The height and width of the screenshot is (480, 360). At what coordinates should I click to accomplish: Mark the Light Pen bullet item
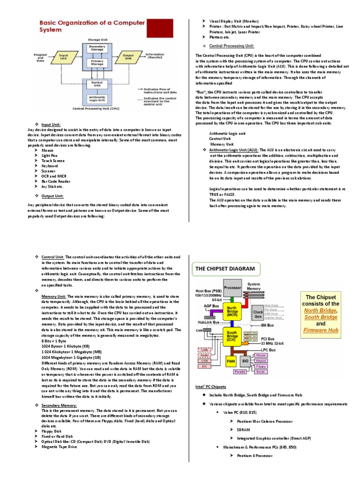(x=50, y=155)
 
